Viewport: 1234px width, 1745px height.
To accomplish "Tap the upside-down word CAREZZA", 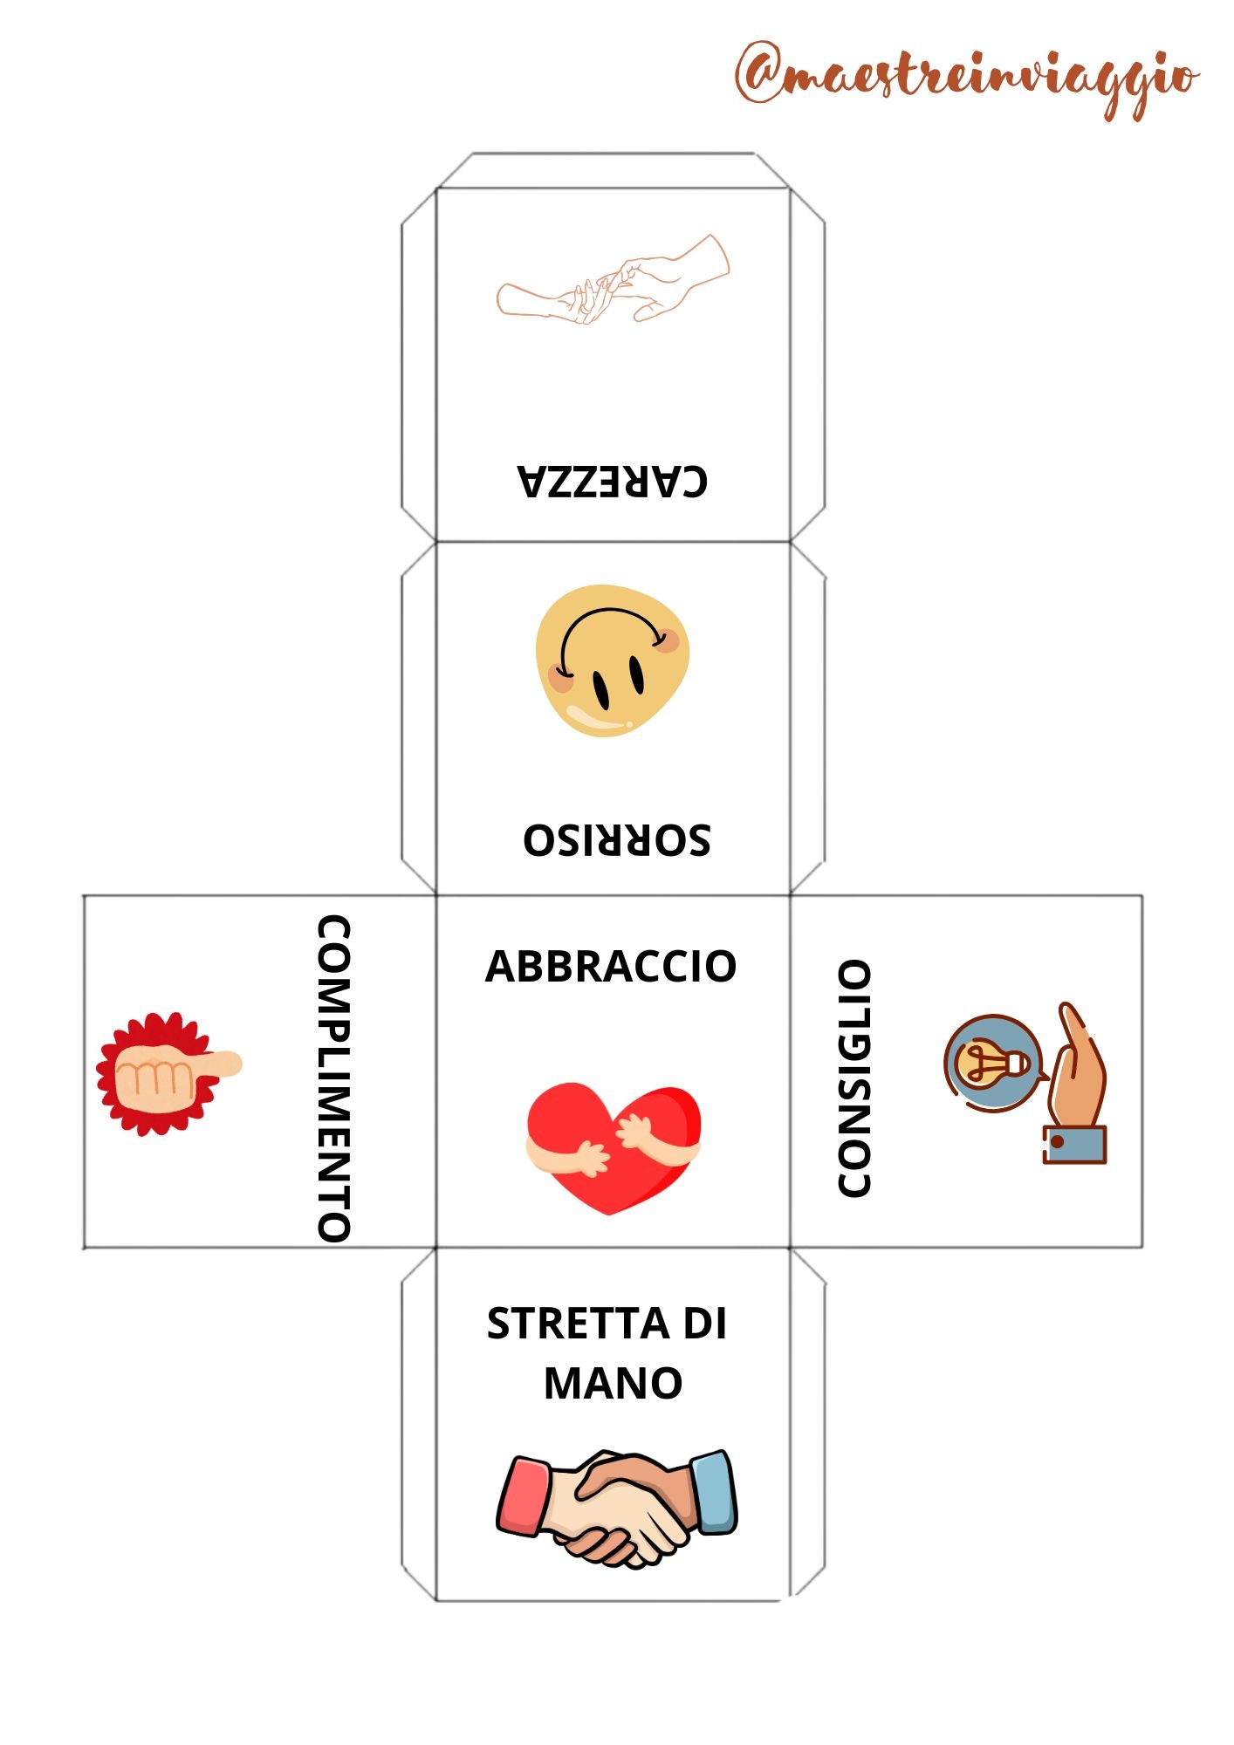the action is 613,481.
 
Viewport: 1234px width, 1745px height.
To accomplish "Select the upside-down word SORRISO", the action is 617,839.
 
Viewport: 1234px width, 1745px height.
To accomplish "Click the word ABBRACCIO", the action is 611,967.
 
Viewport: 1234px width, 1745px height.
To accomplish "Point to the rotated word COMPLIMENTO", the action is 333,1078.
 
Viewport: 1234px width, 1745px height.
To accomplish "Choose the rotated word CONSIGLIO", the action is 854,1078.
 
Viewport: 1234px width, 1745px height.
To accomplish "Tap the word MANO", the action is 613,1383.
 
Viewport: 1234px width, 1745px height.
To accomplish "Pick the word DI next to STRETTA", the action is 704,1324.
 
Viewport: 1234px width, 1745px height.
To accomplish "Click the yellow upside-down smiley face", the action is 612,660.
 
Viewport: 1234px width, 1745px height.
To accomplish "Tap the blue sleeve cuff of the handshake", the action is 713,1491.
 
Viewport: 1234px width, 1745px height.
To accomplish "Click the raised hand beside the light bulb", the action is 1077,1083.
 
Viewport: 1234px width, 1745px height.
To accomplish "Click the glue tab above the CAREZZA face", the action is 613,170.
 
